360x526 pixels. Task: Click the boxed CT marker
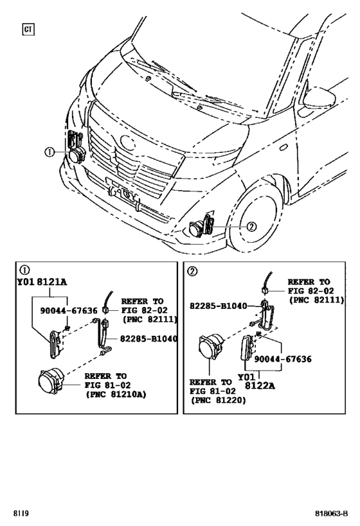tap(28, 29)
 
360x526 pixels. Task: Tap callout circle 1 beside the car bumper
tap(49, 152)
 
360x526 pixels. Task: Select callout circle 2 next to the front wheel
tap(251, 225)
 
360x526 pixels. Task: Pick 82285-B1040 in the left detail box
tap(148, 338)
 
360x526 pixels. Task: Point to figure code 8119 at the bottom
tap(20, 514)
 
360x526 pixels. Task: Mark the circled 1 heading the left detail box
tap(24, 270)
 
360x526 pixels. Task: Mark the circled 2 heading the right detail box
tap(192, 270)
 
